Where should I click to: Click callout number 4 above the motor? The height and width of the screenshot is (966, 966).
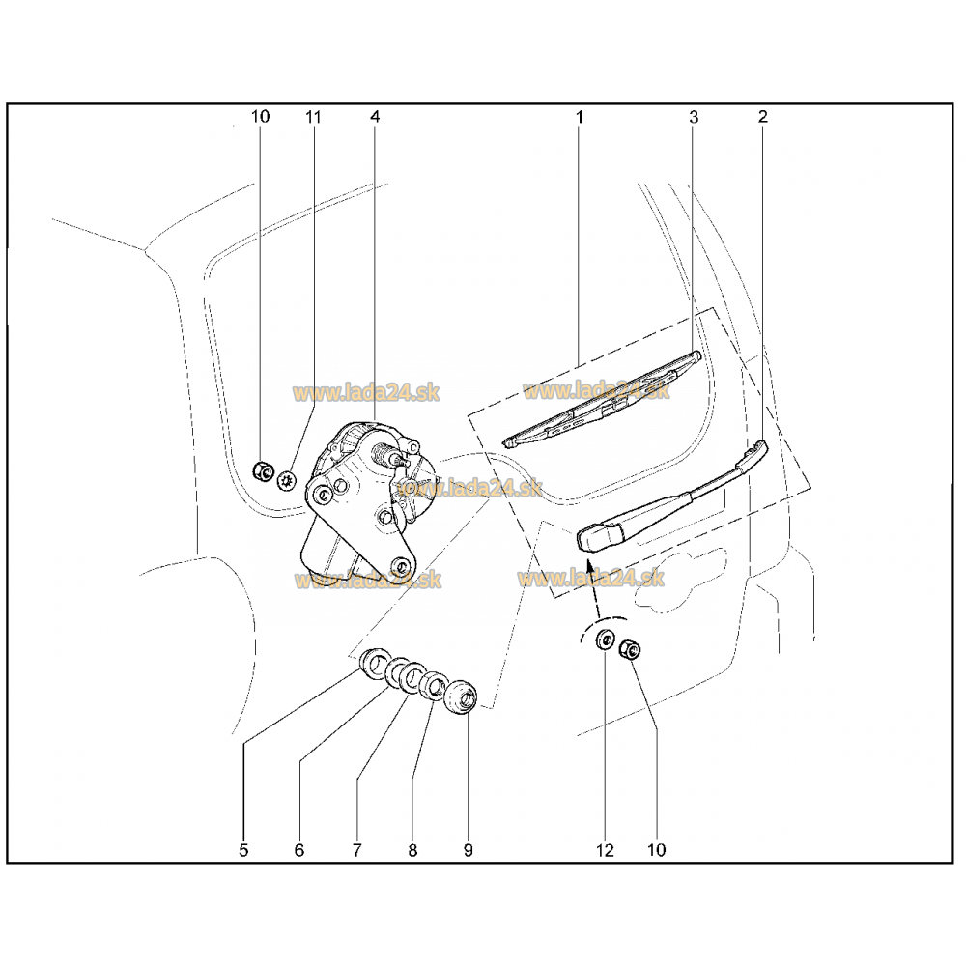375,117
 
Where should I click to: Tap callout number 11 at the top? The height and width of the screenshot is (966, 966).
314,117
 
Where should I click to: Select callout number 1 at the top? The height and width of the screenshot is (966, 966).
579,117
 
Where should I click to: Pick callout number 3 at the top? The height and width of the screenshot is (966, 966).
694,117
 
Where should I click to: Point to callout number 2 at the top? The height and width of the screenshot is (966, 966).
763,117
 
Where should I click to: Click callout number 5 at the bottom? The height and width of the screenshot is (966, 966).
243,850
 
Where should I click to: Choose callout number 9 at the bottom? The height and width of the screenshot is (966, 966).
469,850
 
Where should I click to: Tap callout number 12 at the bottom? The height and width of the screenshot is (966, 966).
605,850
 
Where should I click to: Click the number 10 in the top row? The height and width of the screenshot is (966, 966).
260,117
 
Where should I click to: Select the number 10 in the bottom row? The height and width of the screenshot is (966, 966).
657,850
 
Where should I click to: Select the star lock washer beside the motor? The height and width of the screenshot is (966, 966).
287,480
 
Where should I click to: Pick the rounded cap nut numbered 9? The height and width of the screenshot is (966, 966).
461,697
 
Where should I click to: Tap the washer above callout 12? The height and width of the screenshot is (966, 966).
605,639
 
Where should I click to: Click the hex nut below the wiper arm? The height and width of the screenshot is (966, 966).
630,649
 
